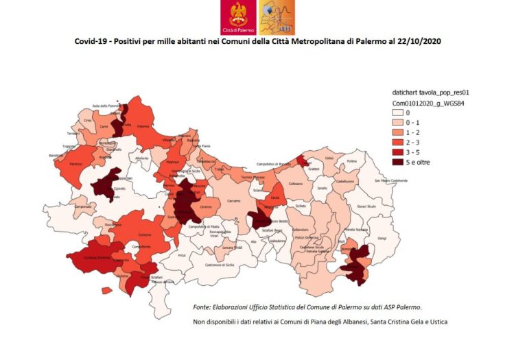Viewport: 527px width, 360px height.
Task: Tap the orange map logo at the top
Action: pyautogui.click(x=275, y=17)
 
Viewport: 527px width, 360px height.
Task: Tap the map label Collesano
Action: pyautogui.click(x=294, y=184)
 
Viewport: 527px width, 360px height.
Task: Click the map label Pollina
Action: pyautogui.click(x=352, y=161)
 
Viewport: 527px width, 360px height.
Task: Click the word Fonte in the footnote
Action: pyautogui.click(x=202, y=307)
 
